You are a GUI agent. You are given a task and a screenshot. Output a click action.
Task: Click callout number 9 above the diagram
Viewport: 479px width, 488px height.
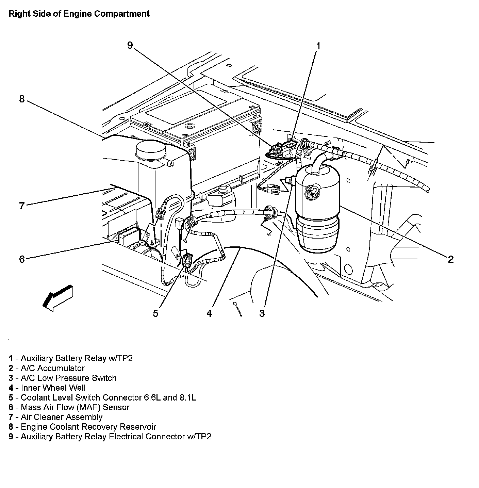click(x=130, y=45)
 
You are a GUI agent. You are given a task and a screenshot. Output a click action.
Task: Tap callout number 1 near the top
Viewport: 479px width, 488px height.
click(x=318, y=46)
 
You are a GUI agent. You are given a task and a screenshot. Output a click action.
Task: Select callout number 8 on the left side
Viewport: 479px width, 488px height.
click(x=22, y=99)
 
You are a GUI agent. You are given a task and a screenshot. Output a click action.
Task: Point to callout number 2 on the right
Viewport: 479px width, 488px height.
click(x=450, y=259)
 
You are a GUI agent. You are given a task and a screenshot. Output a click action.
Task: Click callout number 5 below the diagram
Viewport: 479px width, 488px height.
click(x=155, y=313)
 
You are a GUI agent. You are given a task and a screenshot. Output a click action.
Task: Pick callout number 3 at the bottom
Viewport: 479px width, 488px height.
click(x=262, y=313)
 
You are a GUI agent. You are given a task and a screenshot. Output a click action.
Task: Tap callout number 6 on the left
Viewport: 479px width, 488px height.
click(x=22, y=259)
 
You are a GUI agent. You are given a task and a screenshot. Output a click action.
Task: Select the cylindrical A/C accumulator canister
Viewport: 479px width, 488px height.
click(x=317, y=208)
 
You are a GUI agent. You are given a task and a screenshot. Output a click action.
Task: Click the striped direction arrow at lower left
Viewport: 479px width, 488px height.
click(x=58, y=297)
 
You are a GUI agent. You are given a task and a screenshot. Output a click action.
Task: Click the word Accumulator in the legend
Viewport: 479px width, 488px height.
click(x=61, y=368)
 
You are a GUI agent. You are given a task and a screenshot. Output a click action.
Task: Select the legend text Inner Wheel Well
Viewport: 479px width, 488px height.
click(x=53, y=388)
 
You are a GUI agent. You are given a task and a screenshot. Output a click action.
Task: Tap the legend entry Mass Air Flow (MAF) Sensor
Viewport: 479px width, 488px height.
click(x=75, y=407)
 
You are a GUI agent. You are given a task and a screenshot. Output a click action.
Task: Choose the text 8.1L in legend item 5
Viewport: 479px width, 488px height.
click(x=188, y=397)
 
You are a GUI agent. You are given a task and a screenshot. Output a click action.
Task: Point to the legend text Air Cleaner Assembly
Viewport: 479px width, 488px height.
click(x=61, y=417)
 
